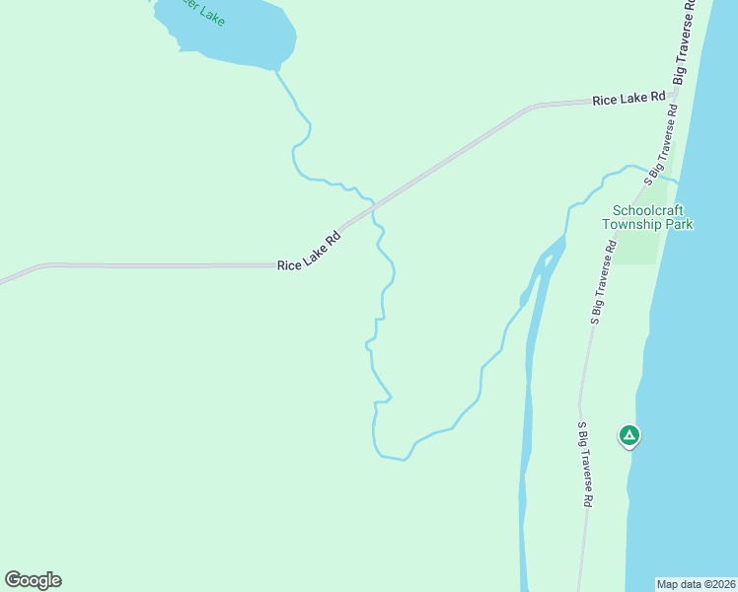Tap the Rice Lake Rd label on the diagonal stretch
pos(309,252)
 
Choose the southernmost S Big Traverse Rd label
pos(584,465)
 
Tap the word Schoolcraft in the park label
pos(647,210)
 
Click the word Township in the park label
pos(630,224)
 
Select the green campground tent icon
pos(628,434)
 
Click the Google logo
pos(33,580)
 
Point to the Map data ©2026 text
pos(697,583)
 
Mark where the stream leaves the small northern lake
pos(276,70)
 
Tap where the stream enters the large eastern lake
pos(678,181)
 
